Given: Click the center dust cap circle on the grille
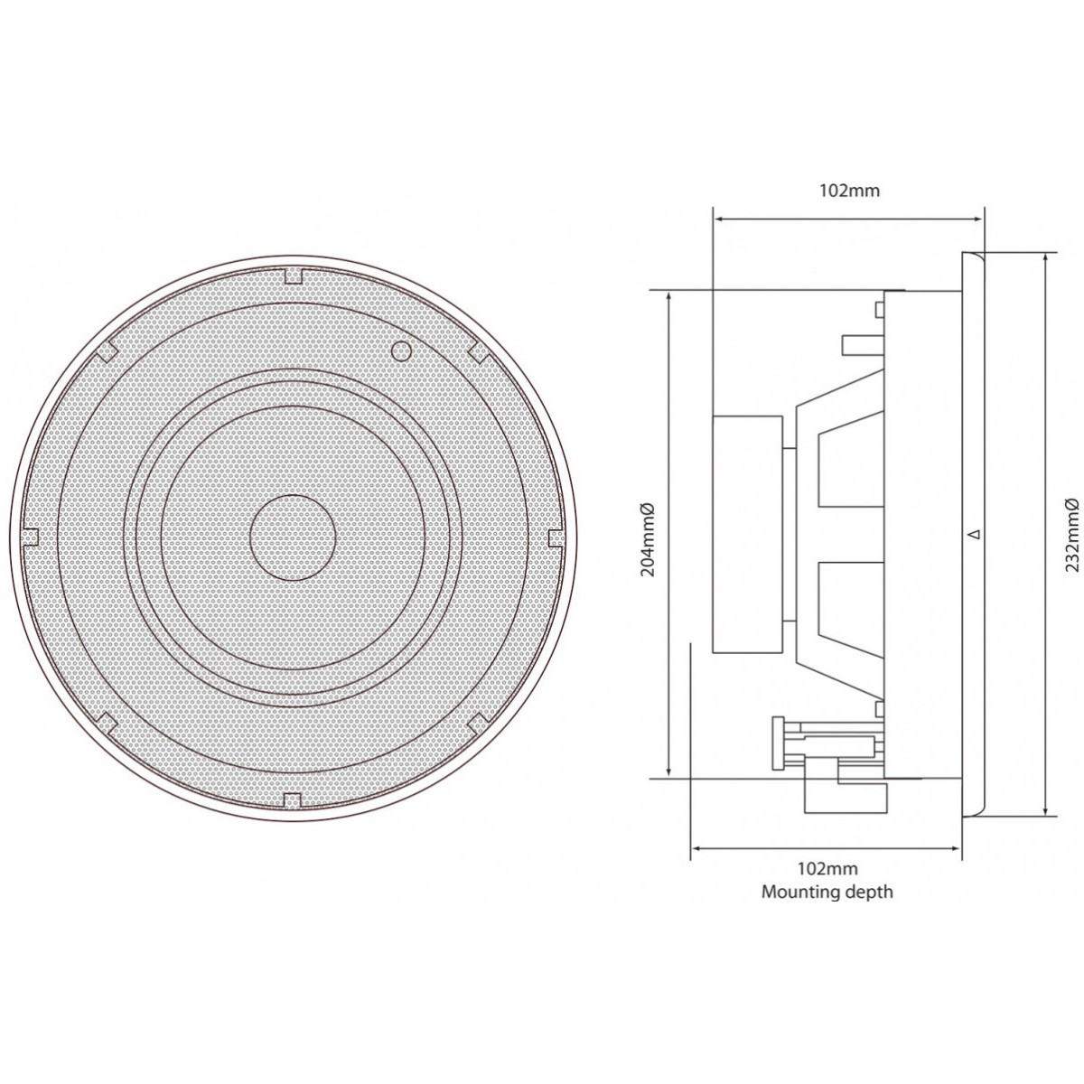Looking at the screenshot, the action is [293, 537].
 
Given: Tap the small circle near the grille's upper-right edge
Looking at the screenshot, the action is [400, 350].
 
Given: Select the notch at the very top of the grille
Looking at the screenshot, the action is [293, 276].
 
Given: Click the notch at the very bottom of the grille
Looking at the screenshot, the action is [293, 799].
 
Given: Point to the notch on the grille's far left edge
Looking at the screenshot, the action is [29, 536].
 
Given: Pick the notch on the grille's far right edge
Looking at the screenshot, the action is [556, 537].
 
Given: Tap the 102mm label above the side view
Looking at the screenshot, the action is [849, 191].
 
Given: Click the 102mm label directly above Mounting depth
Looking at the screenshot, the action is [827, 868].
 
